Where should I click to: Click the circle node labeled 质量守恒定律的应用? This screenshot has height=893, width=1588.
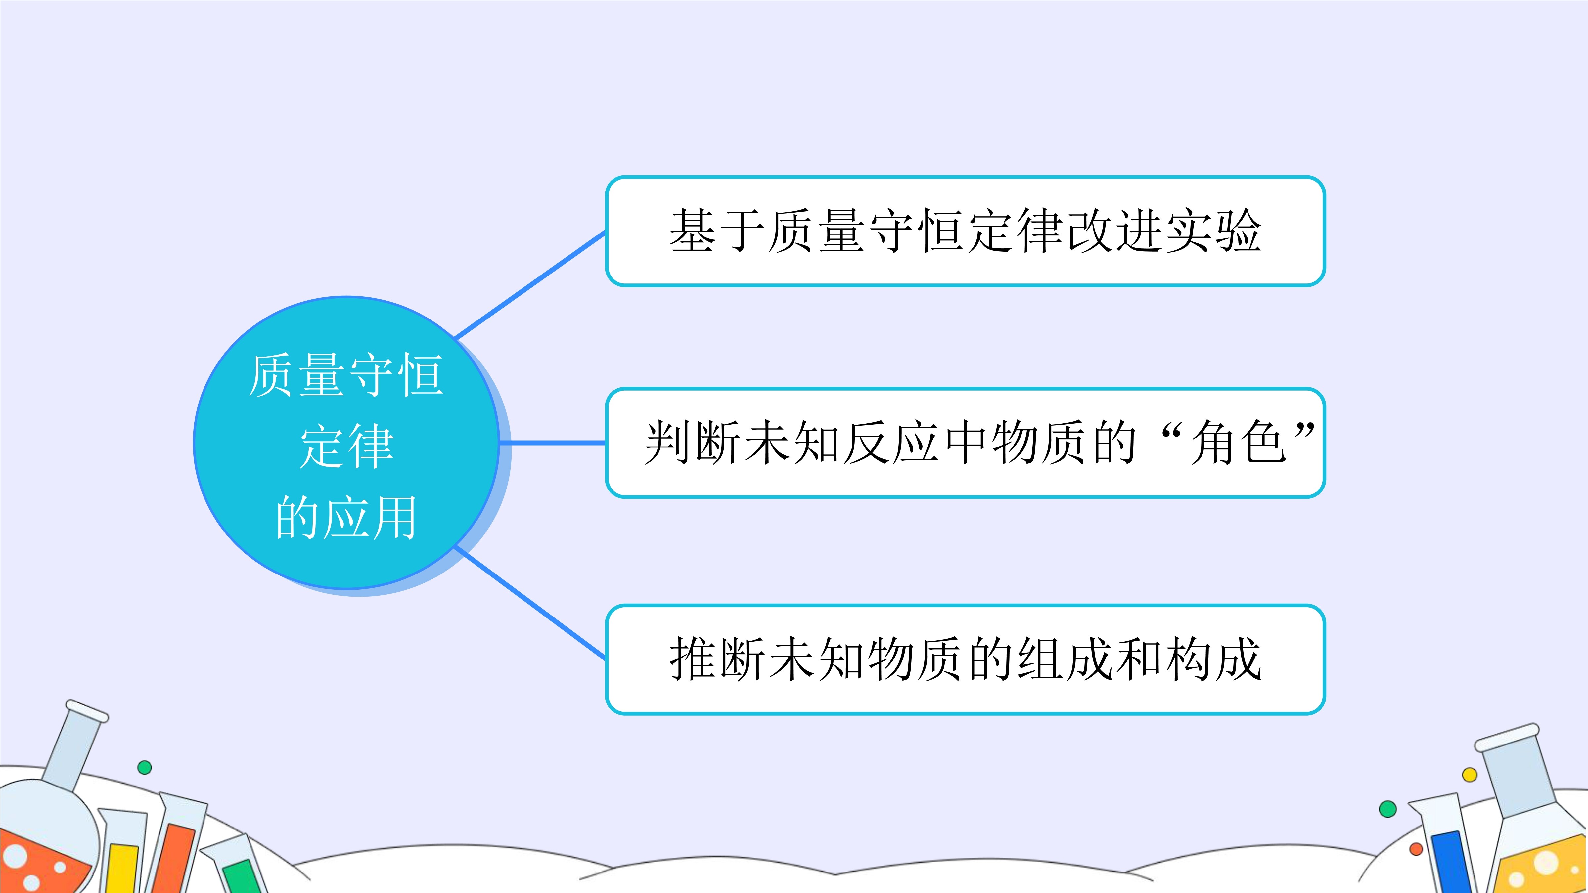click(x=346, y=443)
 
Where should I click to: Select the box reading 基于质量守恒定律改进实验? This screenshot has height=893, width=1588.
click(x=965, y=231)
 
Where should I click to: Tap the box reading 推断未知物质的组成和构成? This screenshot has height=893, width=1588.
click(x=965, y=659)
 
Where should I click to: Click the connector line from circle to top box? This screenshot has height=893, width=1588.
click(x=530, y=285)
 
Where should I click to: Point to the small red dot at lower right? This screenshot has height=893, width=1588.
click(x=1417, y=849)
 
